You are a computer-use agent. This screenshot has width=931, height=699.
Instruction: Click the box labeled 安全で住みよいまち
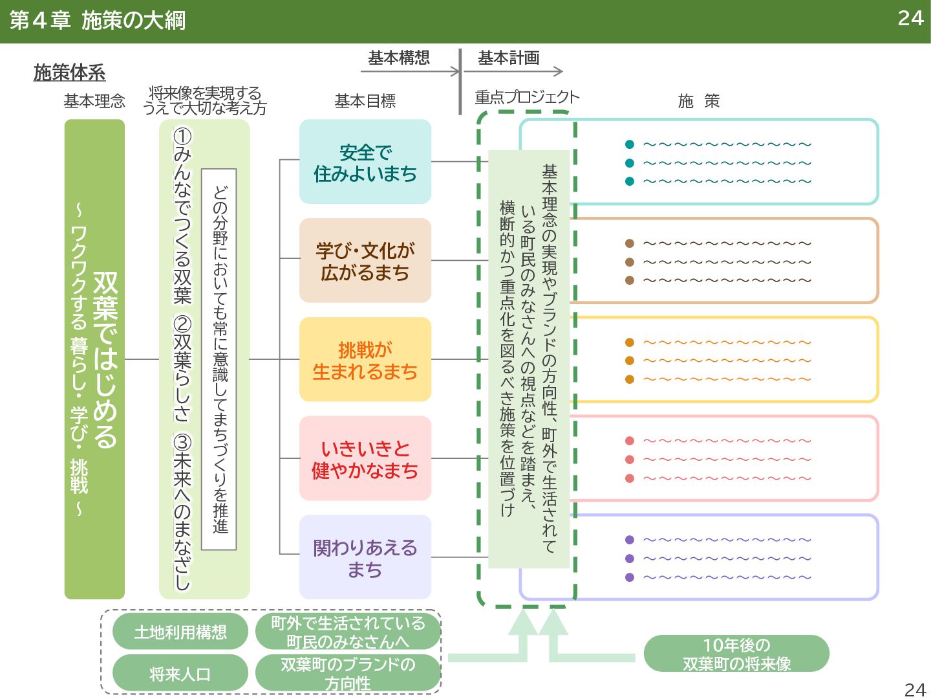pos(365,162)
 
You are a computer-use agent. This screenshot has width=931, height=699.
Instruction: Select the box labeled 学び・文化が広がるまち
pos(365,261)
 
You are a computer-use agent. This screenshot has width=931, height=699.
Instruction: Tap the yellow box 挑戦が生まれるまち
pos(365,360)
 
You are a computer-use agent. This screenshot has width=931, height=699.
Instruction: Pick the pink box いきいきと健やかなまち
pos(365,459)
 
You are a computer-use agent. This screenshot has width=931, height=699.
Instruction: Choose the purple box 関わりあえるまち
pos(365,558)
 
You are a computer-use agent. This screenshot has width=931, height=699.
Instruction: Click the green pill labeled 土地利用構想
pos(180,632)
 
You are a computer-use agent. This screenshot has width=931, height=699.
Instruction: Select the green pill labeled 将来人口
pos(180,674)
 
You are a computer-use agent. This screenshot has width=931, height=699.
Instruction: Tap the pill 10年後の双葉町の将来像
pos(736,654)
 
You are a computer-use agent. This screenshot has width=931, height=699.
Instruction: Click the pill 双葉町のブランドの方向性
pos(348,674)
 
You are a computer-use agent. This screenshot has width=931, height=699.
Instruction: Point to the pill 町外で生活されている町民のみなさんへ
pos(348,632)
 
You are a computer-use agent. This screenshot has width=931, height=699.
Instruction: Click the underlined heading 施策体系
pos(69,73)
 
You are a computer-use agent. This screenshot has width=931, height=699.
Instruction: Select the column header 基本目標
pos(365,101)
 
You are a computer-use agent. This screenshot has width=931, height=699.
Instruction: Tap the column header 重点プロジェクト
pos(527,97)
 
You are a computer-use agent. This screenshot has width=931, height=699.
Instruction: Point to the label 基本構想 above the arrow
pos(399,58)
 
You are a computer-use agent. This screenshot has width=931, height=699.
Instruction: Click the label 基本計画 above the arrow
pos(509,58)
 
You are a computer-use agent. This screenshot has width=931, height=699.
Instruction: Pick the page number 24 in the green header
pos(910,18)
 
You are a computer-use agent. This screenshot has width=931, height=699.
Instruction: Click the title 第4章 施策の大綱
pos(98,21)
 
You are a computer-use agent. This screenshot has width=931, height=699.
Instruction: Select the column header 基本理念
pos(94,101)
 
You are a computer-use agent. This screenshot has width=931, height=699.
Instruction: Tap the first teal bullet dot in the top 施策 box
pos(630,144)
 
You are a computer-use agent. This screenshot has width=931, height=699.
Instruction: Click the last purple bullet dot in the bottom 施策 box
pos(630,577)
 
